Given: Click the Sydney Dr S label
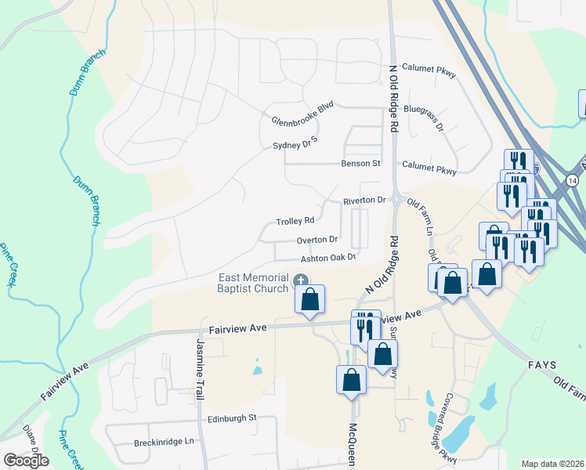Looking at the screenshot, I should (295, 142).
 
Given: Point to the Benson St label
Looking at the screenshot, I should (360, 164).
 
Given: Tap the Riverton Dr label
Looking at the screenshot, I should (364, 201).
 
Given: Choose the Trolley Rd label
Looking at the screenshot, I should (295, 221).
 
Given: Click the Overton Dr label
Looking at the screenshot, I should (317, 240).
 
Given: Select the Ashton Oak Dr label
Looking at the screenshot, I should (328, 258).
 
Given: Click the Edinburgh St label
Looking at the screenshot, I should (232, 418).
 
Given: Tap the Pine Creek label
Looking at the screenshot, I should (9, 266).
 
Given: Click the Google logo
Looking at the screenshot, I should (26, 461).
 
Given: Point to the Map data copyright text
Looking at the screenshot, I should (553, 464).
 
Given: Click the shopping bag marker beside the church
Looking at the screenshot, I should (310, 299).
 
